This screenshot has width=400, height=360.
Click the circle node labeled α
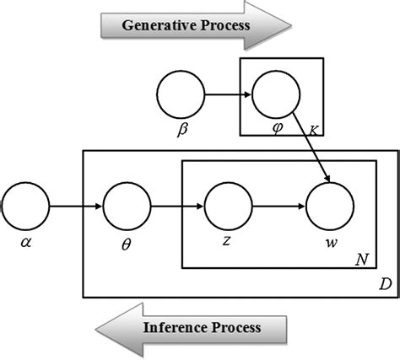pyautogui.click(x=26, y=205)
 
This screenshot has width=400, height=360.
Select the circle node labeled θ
pyautogui.click(x=127, y=205)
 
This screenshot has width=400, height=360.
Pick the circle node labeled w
pyautogui.click(x=330, y=205)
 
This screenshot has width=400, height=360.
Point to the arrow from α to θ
pyautogui.click(x=76, y=205)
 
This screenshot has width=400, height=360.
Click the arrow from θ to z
pyautogui.click(x=177, y=205)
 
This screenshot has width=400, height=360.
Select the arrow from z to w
pyautogui.click(x=279, y=205)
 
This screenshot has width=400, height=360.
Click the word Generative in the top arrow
pyautogui.click(x=154, y=24)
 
